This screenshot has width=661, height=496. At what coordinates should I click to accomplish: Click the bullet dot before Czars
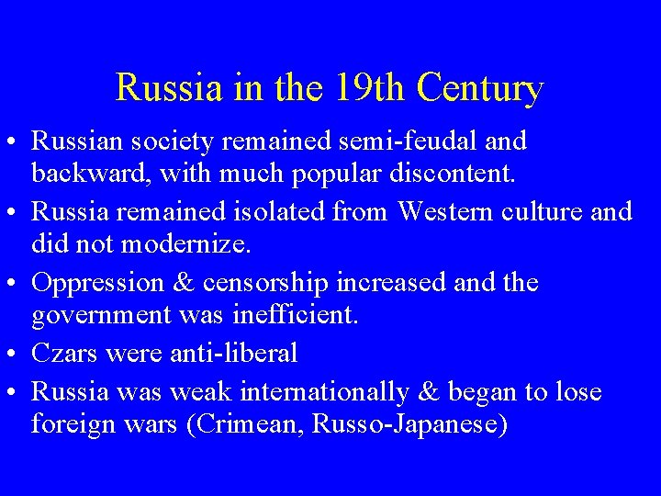13,355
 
